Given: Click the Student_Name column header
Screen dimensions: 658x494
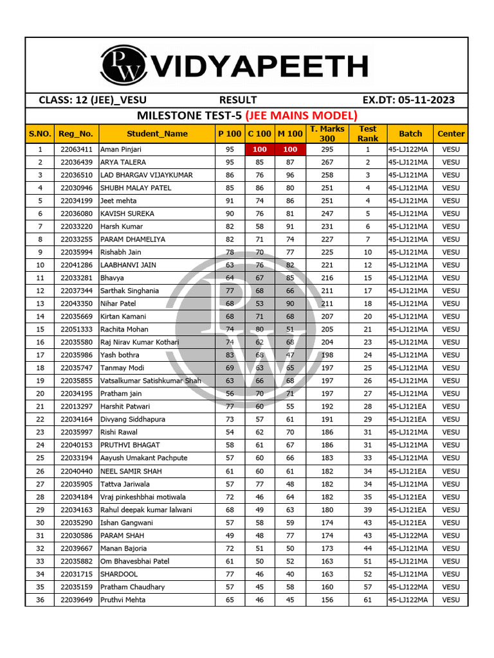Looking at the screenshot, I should (x=157, y=134).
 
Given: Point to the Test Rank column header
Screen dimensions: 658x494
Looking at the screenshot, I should (x=367, y=134).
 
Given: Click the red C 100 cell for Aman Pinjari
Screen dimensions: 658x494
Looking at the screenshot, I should (x=260, y=149).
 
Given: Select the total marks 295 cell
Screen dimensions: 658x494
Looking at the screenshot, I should (x=327, y=149).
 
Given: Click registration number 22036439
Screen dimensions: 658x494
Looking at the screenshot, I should (x=77, y=162).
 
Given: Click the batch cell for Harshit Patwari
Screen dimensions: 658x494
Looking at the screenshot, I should (x=410, y=406).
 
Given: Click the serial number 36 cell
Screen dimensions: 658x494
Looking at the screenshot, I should (x=40, y=600).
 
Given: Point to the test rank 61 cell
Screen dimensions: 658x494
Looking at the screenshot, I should (x=367, y=600).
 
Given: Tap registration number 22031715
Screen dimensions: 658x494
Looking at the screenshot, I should (x=77, y=574).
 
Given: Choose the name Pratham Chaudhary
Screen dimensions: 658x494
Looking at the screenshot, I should (x=133, y=587).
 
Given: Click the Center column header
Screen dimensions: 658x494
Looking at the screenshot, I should (x=451, y=134).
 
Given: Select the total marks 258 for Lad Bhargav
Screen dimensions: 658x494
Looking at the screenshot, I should (x=327, y=175).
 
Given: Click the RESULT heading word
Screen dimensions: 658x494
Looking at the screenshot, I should (x=238, y=100).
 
